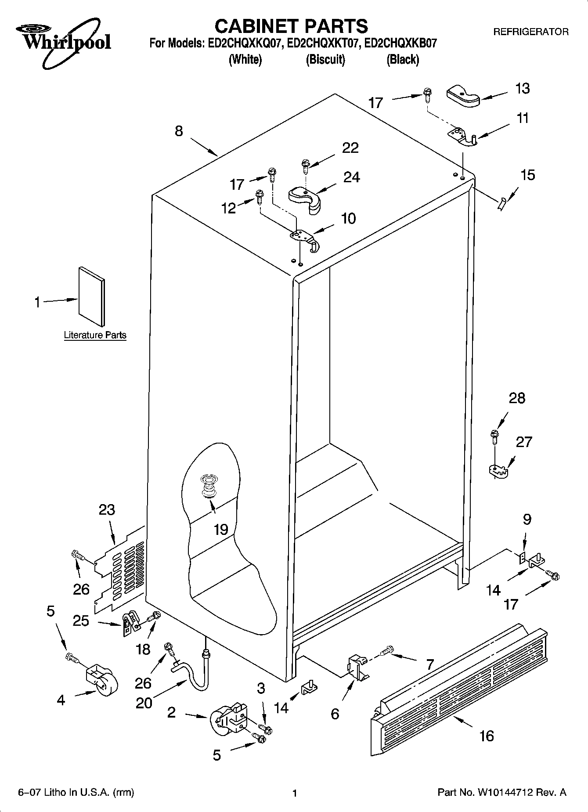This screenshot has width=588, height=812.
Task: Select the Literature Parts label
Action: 95,335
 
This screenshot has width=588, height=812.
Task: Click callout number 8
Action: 179,131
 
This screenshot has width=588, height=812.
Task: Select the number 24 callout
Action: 351,177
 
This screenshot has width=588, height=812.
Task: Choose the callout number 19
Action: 221,530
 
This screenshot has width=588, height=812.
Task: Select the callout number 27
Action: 523,442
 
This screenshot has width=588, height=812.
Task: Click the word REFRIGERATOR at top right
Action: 530,32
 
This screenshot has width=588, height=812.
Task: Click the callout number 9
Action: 527,520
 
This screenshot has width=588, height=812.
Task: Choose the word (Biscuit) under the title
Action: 325,59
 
